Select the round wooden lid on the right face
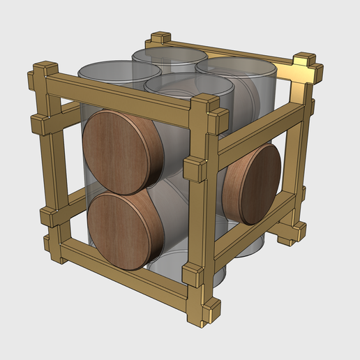pyautogui.click(x=253, y=183)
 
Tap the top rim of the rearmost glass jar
pyautogui.click(x=169, y=53)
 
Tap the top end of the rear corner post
pyautogui.click(x=160, y=36)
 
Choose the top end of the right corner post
pyautogui.click(x=305, y=59)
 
